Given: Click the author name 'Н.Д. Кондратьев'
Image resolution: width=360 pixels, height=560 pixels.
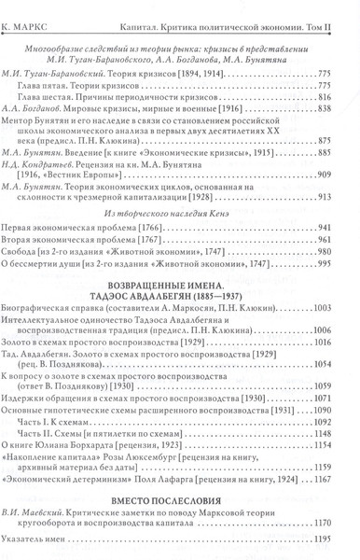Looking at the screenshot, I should (x=51, y=159).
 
